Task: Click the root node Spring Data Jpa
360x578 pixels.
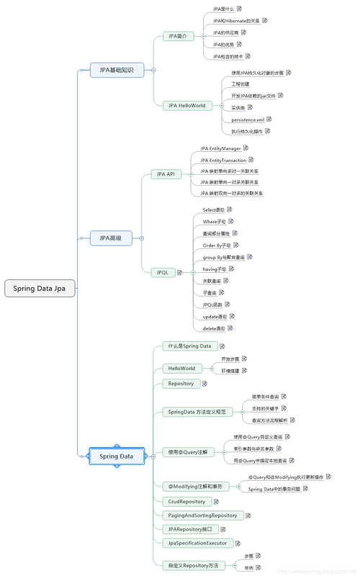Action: tap(39, 288)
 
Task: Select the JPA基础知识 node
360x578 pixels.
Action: tap(116, 70)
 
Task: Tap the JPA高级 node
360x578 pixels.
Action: tap(111, 238)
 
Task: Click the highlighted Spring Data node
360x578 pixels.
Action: tap(116, 456)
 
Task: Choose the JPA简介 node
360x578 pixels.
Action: tap(177, 35)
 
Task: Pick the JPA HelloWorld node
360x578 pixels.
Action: tap(186, 105)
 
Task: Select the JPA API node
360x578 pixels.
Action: tap(166, 174)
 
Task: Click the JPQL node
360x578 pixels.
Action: tap(163, 272)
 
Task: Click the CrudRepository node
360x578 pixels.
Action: tap(186, 501)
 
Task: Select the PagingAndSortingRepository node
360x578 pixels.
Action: tap(202, 515)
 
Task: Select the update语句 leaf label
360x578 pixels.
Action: tap(215, 316)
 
